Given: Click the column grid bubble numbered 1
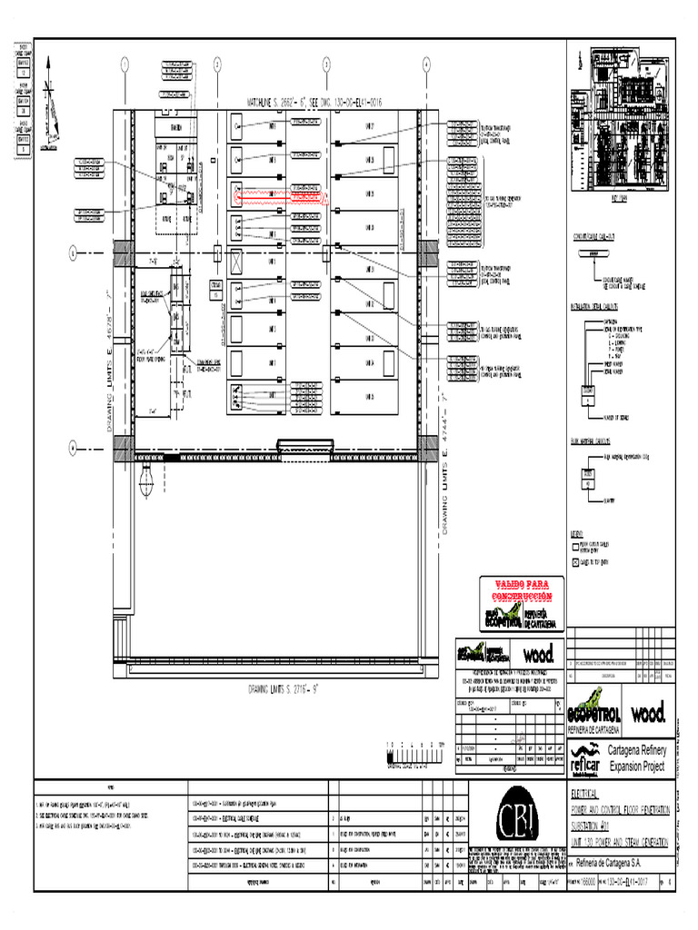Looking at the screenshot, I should [125, 64].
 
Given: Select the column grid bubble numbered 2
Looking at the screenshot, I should [218, 64].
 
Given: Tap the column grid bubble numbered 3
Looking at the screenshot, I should [326, 64].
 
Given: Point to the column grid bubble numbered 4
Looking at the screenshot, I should [425, 64].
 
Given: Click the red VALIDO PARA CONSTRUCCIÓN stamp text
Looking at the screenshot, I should [516, 589].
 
